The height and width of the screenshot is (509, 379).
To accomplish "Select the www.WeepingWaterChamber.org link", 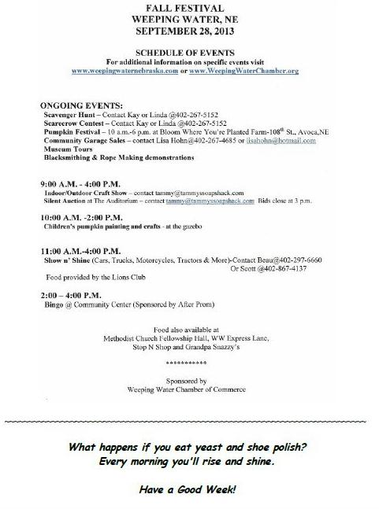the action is pos(254,71).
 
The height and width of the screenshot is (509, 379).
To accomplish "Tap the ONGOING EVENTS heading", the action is pos(81,105).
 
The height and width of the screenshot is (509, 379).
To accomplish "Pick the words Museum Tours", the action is pos(67,149).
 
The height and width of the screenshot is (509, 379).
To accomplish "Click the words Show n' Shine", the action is pos(68,260).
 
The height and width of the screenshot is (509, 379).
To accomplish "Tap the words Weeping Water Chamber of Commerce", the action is pos(187,389).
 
